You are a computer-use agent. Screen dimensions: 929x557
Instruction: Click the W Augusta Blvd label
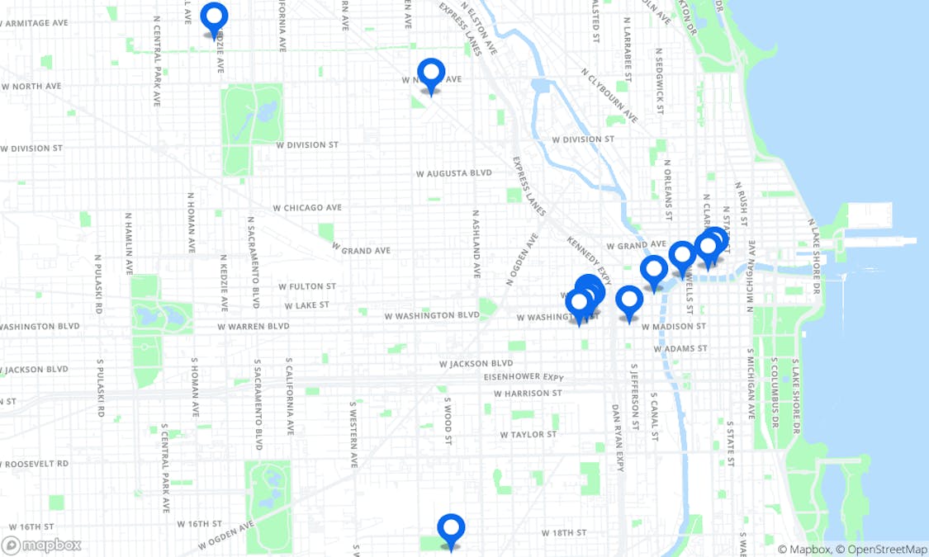pos(453,173)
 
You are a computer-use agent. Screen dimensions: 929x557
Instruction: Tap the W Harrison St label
pos(528,394)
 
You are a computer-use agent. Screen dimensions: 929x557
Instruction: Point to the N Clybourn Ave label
pos(609,96)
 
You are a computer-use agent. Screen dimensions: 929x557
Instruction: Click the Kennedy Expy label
pos(589,257)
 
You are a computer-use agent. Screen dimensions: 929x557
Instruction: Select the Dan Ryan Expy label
pos(617,437)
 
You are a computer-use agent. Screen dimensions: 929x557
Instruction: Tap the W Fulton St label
pos(307,286)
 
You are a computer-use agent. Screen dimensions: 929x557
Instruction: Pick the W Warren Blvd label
pos(254,327)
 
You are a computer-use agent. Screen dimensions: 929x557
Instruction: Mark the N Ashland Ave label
pos(476,243)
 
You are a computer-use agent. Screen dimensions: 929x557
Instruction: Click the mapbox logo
pos(42,545)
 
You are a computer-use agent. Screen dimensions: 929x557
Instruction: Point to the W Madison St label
pos(678,327)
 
